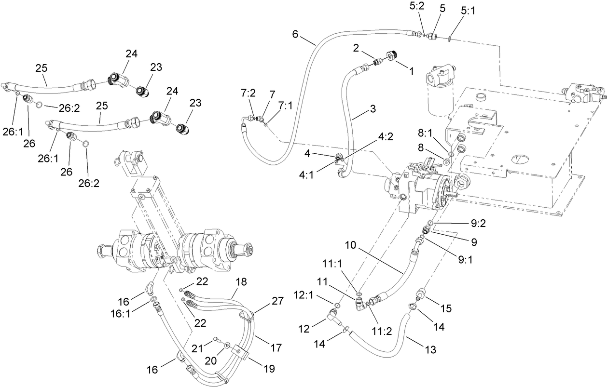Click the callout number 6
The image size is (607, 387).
click(296, 34)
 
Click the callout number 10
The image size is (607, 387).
click(351, 245)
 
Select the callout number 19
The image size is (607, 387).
click(268, 369)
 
